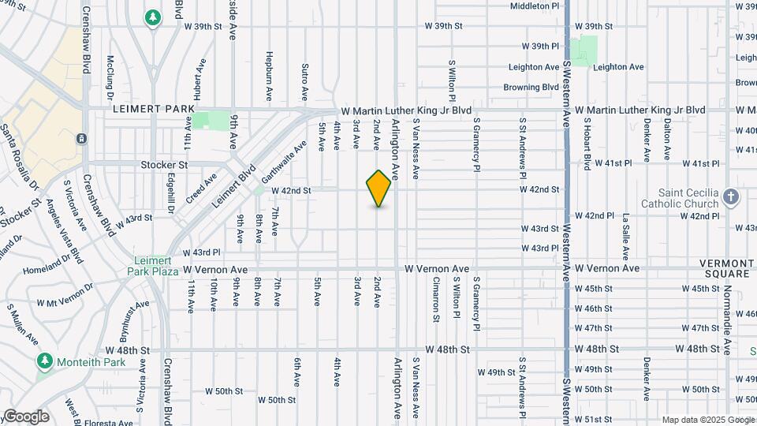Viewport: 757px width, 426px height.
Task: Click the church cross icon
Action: pyautogui.click(x=731, y=196)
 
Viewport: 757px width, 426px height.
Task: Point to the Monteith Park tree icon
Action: pyautogui.click(x=45, y=361)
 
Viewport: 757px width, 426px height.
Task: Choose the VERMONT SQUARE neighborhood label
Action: pyautogui.click(x=726, y=268)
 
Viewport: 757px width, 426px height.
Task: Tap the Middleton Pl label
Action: pyautogui.click(x=535, y=6)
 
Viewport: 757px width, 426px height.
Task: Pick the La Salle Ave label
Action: pyautogui.click(x=625, y=236)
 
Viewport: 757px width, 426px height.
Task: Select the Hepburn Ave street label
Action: pyautogui.click(x=269, y=77)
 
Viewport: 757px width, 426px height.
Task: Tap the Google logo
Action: pyautogui.click(x=26, y=417)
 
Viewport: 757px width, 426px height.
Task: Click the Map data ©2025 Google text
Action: pyautogui.click(x=707, y=420)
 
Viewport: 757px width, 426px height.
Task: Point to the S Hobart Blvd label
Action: pyautogui.click(x=587, y=144)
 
